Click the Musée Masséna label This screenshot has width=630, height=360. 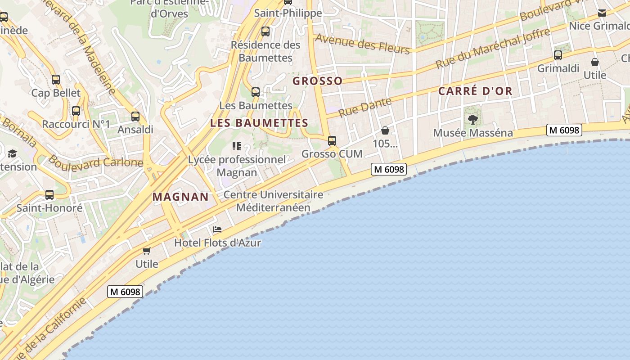[472, 133]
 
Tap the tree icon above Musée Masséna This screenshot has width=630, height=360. [472, 119]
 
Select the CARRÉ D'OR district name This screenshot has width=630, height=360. [475, 91]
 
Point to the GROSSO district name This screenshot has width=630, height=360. [317, 81]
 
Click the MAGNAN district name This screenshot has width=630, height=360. [180, 197]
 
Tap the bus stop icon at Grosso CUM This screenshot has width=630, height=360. [332, 141]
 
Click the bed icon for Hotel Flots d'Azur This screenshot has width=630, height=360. [217, 229]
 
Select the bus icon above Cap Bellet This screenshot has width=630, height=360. [56, 80]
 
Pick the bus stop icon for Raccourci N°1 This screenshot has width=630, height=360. [76, 111]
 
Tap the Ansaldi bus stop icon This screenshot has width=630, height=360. [135, 117]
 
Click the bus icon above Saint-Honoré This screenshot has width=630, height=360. [49, 195]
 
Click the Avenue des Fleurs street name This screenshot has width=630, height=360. [363, 44]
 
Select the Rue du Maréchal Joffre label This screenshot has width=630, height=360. [492, 49]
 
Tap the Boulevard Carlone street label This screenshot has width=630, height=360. [95, 161]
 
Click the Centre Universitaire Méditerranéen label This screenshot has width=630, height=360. [273, 201]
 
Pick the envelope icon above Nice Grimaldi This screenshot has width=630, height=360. [602, 13]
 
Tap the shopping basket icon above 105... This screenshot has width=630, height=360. [385, 131]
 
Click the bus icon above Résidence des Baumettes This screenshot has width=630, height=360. [265, 31]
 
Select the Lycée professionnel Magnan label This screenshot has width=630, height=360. [237, 166]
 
